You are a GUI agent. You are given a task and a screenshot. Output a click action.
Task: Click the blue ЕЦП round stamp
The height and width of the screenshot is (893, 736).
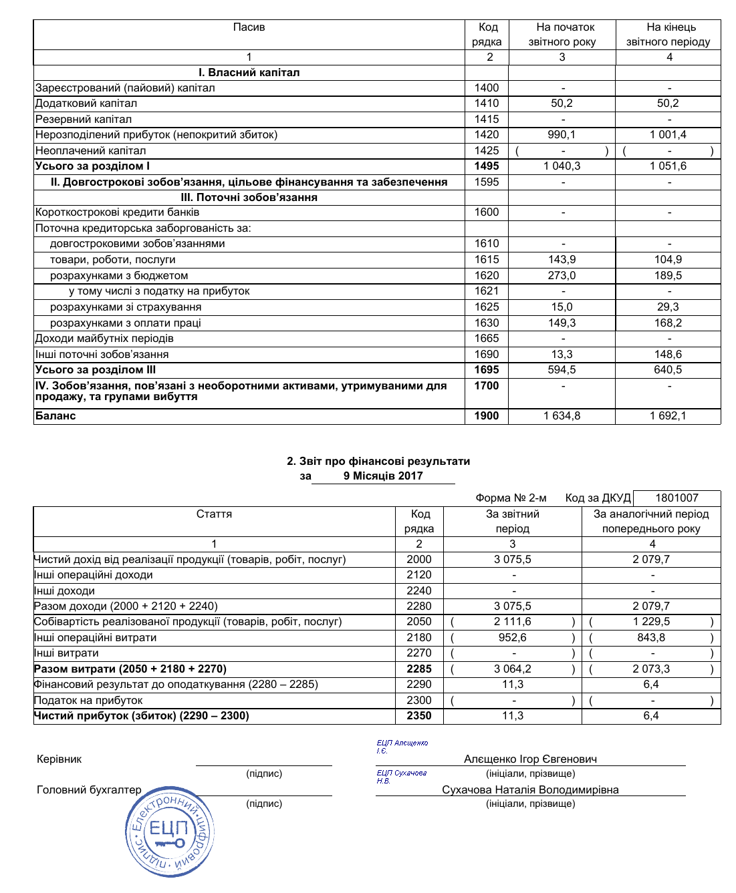[170, 832]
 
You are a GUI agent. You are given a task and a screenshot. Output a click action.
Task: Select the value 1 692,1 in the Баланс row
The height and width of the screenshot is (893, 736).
[668, 416]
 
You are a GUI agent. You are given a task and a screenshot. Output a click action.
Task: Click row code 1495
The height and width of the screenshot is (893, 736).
[487, 166]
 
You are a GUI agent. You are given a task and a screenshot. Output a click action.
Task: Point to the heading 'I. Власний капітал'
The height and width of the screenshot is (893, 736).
[249, 73]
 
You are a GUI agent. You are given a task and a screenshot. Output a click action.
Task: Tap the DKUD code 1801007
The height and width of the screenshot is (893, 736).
[677, 498]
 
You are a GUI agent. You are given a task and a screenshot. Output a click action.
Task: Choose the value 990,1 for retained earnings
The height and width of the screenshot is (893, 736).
[562, 135]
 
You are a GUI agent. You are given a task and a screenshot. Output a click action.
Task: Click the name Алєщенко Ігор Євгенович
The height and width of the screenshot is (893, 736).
[530, 759]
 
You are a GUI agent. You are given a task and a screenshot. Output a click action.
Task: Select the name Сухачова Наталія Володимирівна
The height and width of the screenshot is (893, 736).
[530, 790]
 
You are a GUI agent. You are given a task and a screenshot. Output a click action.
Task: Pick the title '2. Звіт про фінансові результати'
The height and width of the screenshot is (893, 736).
[378, 462]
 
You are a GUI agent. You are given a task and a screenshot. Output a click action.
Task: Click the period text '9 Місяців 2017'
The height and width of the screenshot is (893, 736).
[383, 476]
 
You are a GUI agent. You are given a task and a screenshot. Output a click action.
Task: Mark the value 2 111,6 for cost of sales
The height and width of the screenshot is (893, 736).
[513, 622]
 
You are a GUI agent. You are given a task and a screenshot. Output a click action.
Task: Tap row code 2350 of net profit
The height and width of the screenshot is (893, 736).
[419, 716]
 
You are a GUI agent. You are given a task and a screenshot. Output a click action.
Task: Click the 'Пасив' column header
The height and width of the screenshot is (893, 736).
[249, 27]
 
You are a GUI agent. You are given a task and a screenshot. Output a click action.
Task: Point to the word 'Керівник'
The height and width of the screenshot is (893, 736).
[59, 759]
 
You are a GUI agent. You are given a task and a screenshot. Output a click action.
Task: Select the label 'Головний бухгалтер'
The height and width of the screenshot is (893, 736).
[89, 790]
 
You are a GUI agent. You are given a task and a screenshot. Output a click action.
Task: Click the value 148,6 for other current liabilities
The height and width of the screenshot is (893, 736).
[668, 355]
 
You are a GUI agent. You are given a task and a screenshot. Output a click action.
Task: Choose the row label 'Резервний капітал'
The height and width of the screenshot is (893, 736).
[84, 120]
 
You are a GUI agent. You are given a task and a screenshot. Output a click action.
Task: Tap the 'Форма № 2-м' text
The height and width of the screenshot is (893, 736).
[511, 498]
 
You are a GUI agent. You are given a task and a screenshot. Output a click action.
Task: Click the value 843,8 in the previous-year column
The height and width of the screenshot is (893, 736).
[651, 638]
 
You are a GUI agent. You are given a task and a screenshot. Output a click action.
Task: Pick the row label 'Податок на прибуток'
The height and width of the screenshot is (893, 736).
[88, 701]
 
